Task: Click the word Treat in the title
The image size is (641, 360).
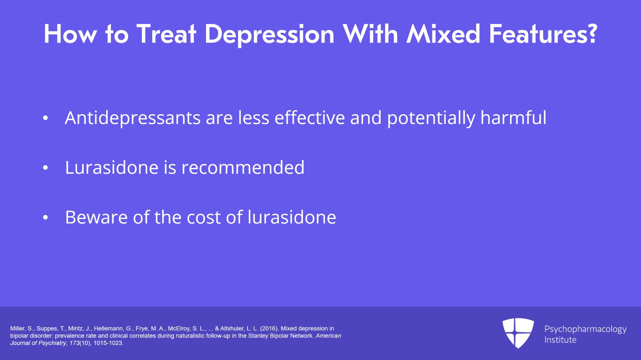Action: point(166,34)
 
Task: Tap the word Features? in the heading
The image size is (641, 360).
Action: point(543,34)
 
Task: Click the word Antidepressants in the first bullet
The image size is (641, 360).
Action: point(133,118)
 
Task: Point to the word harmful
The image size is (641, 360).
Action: point(513,117)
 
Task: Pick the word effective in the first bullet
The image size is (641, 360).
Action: point(310,117)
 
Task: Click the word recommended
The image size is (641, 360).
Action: point(243,167)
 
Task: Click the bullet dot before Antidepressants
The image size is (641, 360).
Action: point(45,118)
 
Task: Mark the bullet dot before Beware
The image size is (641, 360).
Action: point(45,217)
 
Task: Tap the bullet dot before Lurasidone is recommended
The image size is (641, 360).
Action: point(45,168)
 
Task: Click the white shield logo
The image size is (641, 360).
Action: point(518,333)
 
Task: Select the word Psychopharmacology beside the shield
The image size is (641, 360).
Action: point(585,330)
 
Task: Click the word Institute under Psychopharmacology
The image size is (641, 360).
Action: point(560,340)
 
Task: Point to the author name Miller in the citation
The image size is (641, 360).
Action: point(18,328)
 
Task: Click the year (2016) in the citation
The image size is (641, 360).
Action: point(269,328)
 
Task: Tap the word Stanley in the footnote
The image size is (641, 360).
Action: point(258,336)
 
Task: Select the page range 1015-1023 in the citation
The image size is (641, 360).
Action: point(108,343)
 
